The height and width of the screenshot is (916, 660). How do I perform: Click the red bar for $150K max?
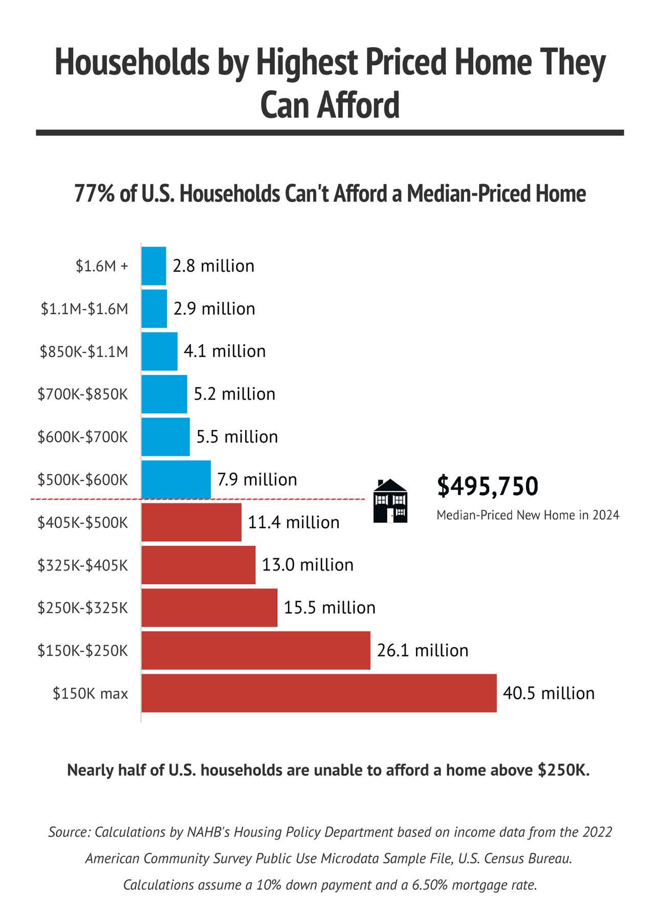pos(319,693)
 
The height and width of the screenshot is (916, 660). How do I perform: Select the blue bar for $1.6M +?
pos(153,266)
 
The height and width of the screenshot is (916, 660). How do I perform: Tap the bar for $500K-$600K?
pos(176,479)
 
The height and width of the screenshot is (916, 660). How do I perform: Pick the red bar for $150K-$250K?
pos(256,650)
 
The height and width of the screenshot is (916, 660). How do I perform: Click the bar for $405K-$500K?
pos(191,522)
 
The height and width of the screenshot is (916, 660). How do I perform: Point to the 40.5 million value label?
pos(548,693)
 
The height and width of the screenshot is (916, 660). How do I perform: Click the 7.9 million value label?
pos(257,479)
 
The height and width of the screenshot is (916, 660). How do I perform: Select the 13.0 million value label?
pos(307,565)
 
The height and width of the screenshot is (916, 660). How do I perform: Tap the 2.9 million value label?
pos(214,309)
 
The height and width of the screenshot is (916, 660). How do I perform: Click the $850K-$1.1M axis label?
pos(84,352)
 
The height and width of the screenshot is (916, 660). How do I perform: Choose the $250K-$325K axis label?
pos(82,608)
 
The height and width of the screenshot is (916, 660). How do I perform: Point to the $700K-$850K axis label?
pos(82,394)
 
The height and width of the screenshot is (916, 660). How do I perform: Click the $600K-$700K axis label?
pos(82,437)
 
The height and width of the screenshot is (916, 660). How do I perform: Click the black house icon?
pos(390,501)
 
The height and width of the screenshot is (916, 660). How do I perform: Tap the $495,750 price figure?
pos(487,486)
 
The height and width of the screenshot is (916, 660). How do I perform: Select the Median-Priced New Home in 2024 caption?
pos(527,515)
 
